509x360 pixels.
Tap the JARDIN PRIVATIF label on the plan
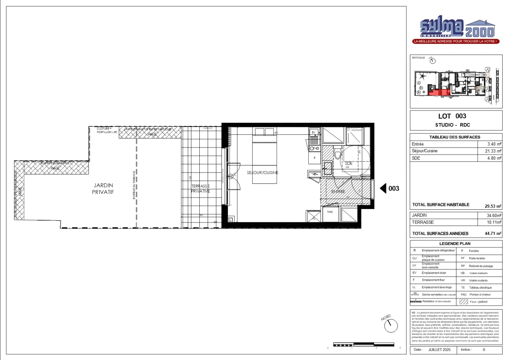pos(103,189)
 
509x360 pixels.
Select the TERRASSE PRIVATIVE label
pos(200,189)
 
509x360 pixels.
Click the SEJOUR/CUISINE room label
pos(262,173)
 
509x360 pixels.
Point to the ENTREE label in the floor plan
pos(338,192)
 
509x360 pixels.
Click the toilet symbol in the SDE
pos(337,154)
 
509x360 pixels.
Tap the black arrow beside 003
pos(383,188)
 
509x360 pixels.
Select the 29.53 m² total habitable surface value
pos(493,206)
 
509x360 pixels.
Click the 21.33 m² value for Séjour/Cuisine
pos(493,151)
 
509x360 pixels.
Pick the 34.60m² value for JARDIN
pos(494,216)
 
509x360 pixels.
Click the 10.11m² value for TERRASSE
pos(494,222)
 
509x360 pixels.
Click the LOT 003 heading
pos(452,116)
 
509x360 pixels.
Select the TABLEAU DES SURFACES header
pos(455,137)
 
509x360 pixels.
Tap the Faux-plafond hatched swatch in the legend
pos(464,302)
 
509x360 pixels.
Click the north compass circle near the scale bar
pos(391,326)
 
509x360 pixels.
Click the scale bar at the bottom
pos(364,344)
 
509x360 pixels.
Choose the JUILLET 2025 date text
pos(439,350)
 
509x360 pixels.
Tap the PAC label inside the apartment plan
pos(330,212)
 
